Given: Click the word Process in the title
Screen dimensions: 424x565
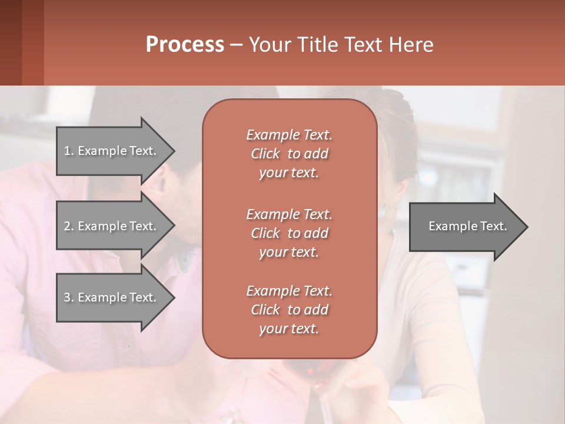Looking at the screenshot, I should (185, 45).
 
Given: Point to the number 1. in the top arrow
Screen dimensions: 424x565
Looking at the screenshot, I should (69, 151).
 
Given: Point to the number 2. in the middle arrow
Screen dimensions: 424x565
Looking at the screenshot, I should (69, 226).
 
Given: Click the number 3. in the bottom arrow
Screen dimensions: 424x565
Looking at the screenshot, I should (69, 297).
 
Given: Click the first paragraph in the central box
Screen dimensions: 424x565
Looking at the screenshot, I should (289, 154).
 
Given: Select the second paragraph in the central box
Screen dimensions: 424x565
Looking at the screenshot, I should (289, 233).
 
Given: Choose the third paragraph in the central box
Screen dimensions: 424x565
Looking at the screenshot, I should (289, 310).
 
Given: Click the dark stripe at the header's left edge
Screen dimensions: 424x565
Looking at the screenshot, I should (11, 42).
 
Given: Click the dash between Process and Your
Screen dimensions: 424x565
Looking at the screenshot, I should (236, 45).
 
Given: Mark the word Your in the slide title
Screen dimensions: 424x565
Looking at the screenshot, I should (268, 45).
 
